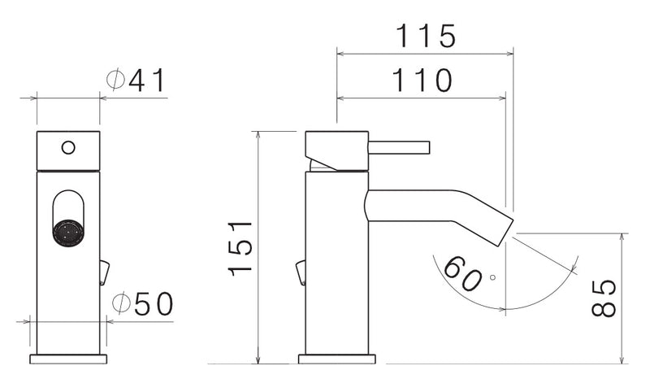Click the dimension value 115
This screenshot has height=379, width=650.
[x=425, y=37]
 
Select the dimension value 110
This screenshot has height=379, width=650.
[x=422, y=81]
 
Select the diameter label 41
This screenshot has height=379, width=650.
[x=147, y=81]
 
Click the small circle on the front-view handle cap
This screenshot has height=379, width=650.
[x=68, y=148]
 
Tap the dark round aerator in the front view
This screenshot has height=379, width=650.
[x=68, y=232]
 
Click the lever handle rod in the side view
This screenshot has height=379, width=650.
[x=398, y=147]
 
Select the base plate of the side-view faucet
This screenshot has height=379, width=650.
[x=336, y=359]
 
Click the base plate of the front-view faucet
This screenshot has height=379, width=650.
[x=68, y=359]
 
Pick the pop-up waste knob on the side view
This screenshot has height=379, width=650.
[x=301, y=272]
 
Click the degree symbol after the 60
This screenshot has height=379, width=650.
[x=492, y=277]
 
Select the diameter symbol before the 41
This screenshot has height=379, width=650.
[x=116, y=81]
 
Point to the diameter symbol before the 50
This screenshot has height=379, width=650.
[x=121, y=304]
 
